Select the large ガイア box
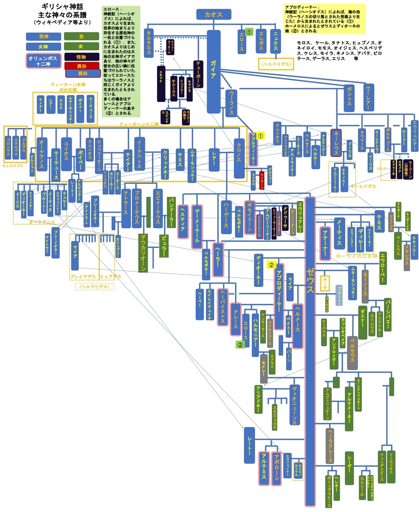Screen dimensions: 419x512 213,71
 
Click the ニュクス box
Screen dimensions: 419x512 276,41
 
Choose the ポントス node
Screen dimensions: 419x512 349,98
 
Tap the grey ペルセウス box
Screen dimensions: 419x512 352,352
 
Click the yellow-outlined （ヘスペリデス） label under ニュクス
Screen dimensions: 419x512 276,64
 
